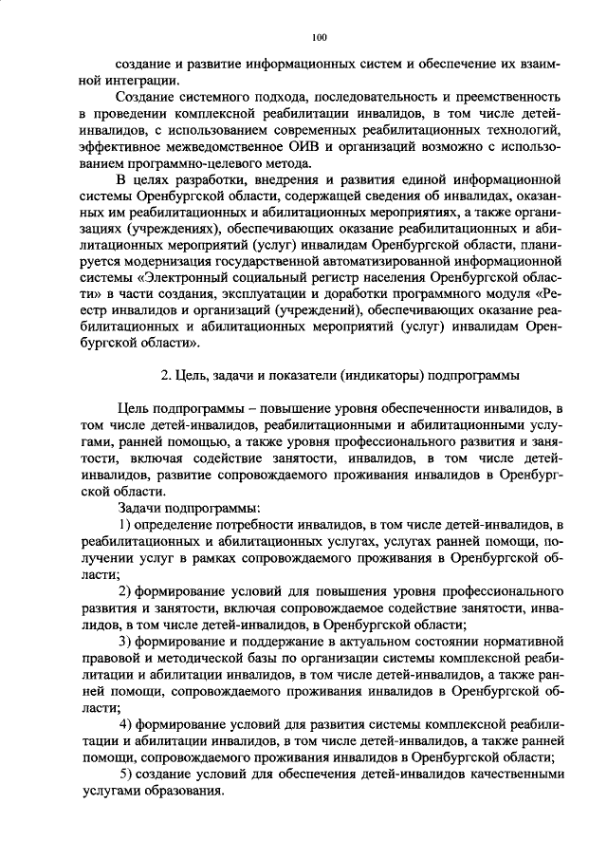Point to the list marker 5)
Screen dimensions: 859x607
coord(125,775)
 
